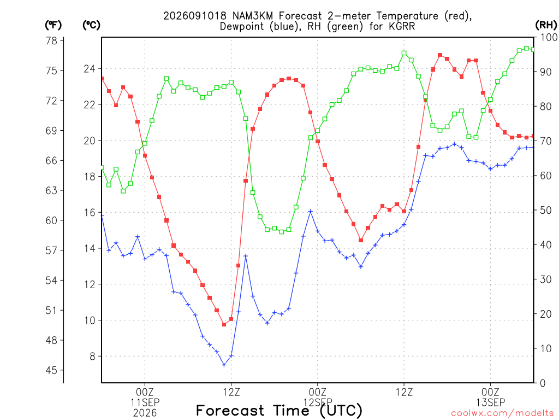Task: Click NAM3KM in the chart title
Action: pos(252,16)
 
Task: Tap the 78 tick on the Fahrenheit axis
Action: pos(51,40)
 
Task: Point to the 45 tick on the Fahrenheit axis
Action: pos(51,370)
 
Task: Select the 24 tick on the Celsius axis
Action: pos(90,68)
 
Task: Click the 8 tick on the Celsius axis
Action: pos(93,357)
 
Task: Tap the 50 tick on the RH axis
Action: pos(546,211)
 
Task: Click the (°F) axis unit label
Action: pos(53,25)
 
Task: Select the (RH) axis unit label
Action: pos(546,25)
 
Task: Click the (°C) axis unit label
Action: pos(91,25)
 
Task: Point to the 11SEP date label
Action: pos(145,402)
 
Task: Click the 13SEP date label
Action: pos(491,402)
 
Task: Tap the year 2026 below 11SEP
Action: pos(145,413)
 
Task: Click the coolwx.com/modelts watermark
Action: pos(502,413)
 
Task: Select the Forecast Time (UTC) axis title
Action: pos(279,411)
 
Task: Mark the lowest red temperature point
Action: pos(224,324)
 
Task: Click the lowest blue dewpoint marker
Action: pos(224,365)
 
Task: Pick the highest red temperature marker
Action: pos(440,55)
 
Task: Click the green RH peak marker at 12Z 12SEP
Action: pos(404,53)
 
